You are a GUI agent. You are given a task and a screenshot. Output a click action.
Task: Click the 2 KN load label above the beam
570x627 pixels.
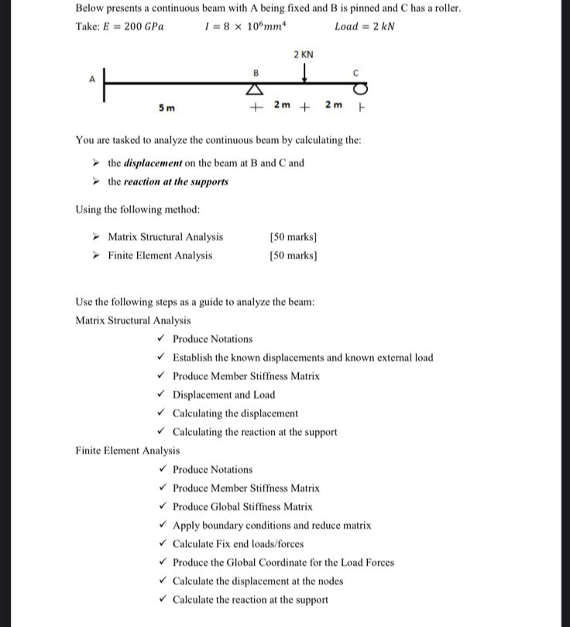pyautogui.click(x=304, y=54)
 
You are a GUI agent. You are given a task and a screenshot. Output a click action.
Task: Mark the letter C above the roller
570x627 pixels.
pyautogui.click(x=355, y=72)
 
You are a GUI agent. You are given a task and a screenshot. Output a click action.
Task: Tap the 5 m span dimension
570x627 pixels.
pyautogui.click(x=166, y=108)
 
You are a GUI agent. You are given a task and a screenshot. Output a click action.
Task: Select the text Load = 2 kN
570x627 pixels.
pyautogui.click(x=364, y=26)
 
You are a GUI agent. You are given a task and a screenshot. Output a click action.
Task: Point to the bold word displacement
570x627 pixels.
pyautogui.click(x=154, y=163)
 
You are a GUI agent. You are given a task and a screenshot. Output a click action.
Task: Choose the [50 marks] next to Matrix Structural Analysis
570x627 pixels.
pyautogui.click(x=294, y=237)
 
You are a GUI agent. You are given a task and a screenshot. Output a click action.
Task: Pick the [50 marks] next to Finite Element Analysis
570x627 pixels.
pyautogui.click(x=294, y=255)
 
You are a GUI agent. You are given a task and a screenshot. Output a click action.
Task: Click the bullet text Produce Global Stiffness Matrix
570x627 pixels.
pyautogui.click(x=242, y=506)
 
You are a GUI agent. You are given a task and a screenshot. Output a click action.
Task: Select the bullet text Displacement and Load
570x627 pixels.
pyautogui.click(x=223, y=395)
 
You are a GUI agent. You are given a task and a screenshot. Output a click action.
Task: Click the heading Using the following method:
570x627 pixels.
pyautogui.click(x=137, y=209)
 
